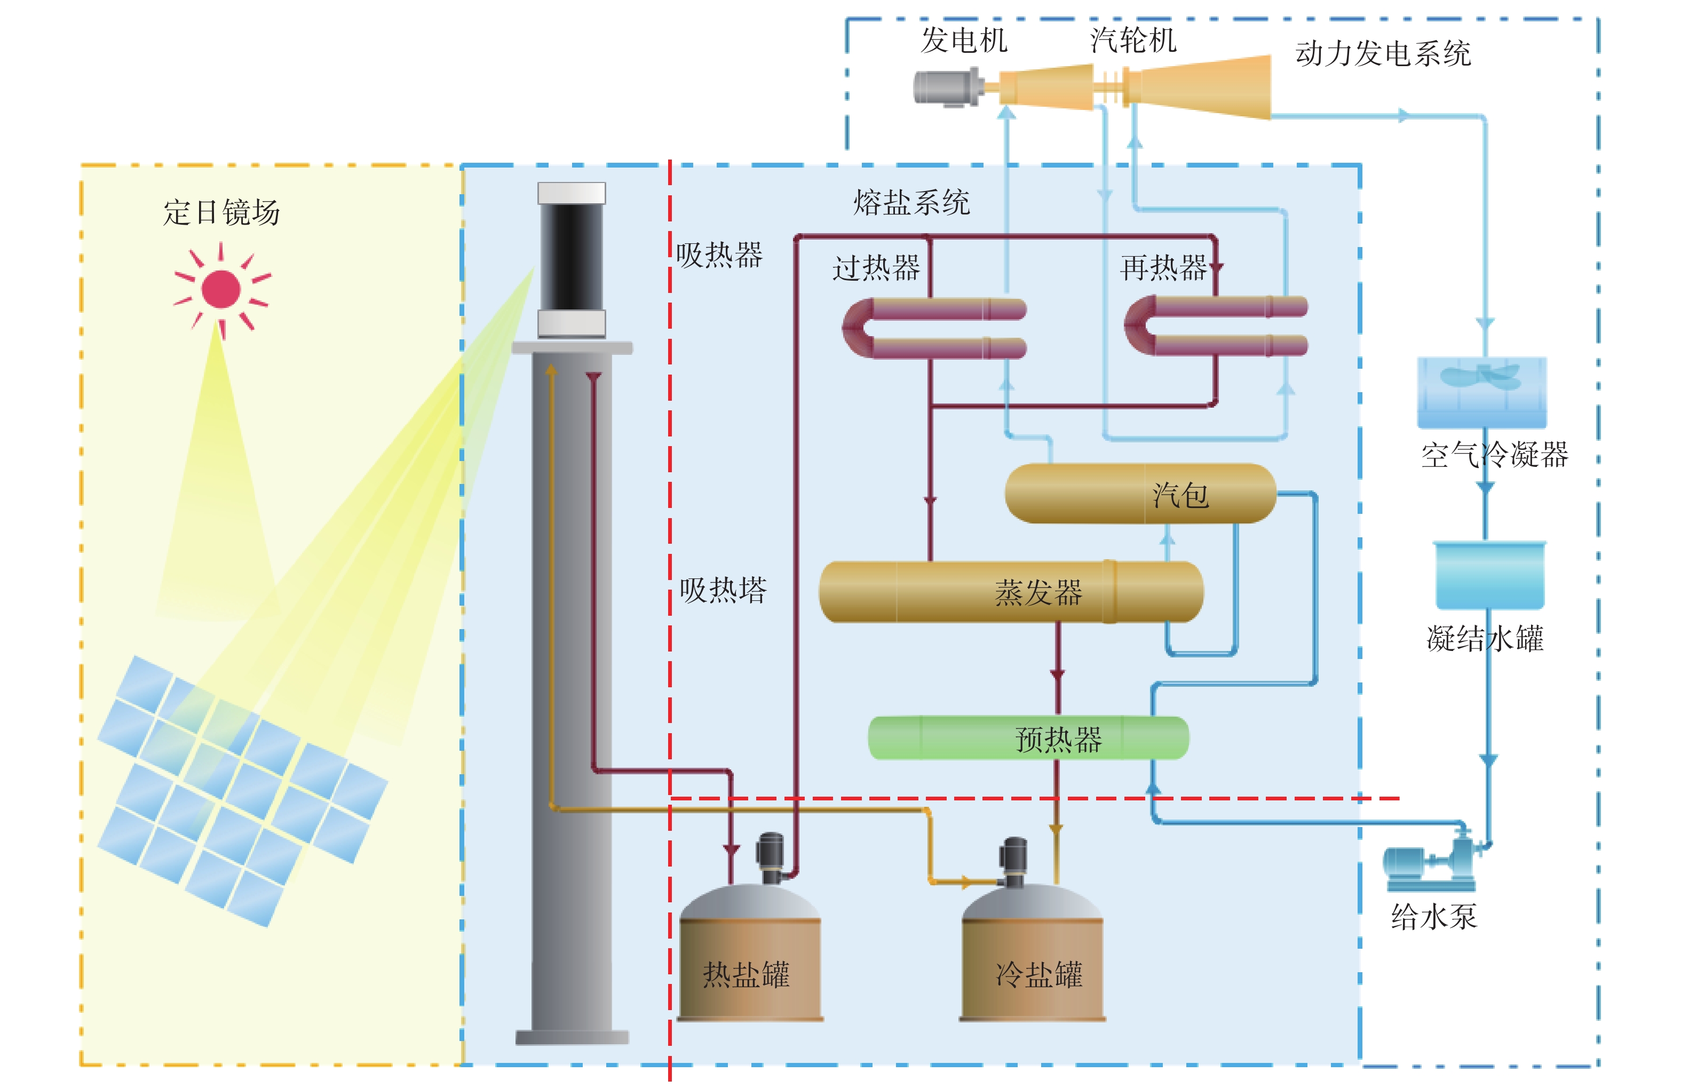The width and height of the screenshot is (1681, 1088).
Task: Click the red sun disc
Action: click(220, 289)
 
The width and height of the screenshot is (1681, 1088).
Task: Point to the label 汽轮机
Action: click(1132, 40)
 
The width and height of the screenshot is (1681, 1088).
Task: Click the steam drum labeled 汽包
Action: click(1140, 493)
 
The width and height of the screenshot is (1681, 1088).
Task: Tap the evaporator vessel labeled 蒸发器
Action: click(1011, 592)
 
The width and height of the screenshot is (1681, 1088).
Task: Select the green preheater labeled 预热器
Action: click(1028, 738)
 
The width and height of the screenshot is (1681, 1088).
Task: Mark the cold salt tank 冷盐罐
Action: click(1033, 952)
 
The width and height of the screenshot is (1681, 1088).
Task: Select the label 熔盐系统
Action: click(911, 203)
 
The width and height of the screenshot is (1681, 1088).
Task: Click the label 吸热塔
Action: click(723, 590)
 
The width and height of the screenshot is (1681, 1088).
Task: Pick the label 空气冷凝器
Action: click(1495, 455)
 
